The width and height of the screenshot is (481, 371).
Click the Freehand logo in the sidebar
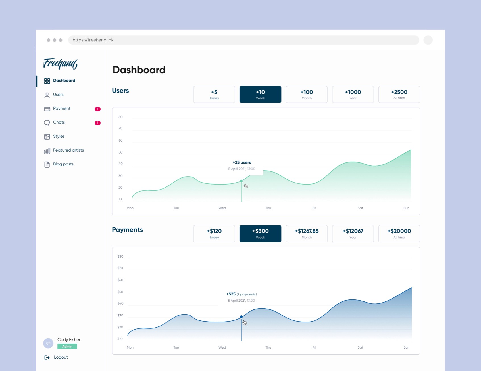tap(60, 64)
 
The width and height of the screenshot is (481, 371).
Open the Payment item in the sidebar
tap(62, 108)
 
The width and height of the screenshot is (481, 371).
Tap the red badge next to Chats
tap(97, 123)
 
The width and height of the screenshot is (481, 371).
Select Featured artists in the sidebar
tap(68, 150)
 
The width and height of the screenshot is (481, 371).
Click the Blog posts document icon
tap(47, 164)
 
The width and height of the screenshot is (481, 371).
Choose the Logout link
tap(61, 357)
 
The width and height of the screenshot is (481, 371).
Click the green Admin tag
tap(67, 346)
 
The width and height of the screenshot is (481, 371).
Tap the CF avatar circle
tap(48, 343)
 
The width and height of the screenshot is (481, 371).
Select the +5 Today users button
tap(214, 95)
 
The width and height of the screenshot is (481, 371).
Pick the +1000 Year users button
tap(353, 95)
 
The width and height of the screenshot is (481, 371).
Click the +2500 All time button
tap(399, 95)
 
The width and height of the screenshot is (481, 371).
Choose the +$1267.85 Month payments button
tap(307, 234)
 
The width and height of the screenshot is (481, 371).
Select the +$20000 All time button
tap(399, 234)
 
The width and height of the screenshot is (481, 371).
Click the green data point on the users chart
tap(241, 181)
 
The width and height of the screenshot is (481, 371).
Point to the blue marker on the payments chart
tap(241, 316)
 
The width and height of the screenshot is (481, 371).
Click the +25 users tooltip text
tap(242, 162)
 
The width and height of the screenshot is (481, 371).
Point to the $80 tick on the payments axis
tap(120, 257)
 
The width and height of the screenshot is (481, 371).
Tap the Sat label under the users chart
tap(360, 208)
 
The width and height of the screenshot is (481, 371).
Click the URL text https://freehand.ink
tap(93, 40)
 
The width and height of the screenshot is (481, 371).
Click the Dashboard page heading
tap(139, 70)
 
